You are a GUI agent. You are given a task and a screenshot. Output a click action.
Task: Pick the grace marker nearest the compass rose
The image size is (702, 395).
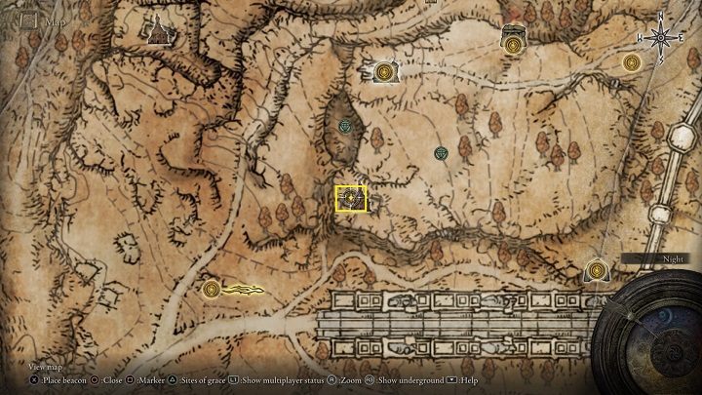tap(632, 62)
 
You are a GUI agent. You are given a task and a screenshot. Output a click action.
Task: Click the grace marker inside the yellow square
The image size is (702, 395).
tap(350, 198)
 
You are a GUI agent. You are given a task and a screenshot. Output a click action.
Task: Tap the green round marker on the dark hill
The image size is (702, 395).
tap(345, 126)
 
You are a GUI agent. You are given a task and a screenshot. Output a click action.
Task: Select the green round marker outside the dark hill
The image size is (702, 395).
tap(443, 153)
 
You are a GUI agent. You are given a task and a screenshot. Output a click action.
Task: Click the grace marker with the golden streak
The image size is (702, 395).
tap(212, 288)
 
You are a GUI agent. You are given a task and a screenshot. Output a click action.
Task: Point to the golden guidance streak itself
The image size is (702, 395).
tap(244, 289)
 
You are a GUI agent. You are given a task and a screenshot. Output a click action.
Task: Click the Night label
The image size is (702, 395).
tap(646, 259)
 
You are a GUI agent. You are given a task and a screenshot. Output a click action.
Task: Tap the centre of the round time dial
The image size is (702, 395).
tap(656, 332)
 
